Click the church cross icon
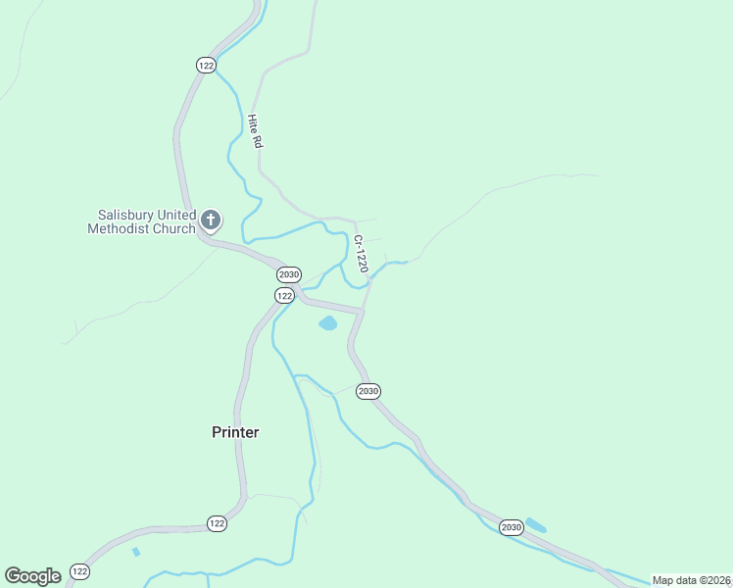coord(211,220)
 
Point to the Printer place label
coord(235,432)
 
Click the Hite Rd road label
coord(255,131)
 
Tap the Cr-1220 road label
coord(361,254)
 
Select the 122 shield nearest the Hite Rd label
coord(205,65)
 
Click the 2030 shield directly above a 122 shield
coord(288,274)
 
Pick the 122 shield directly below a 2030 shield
coord(284,295)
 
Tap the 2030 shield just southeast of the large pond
coord(367,391)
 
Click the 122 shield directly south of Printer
coord(217,524)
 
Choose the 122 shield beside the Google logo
coord(80,571)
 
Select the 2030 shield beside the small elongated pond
coord(511,527)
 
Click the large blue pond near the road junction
coord(327,322)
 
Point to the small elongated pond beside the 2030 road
coord(536,525)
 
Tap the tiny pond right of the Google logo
coord(136,553)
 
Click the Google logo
coord(32,575)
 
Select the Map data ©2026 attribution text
coord(691,580)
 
